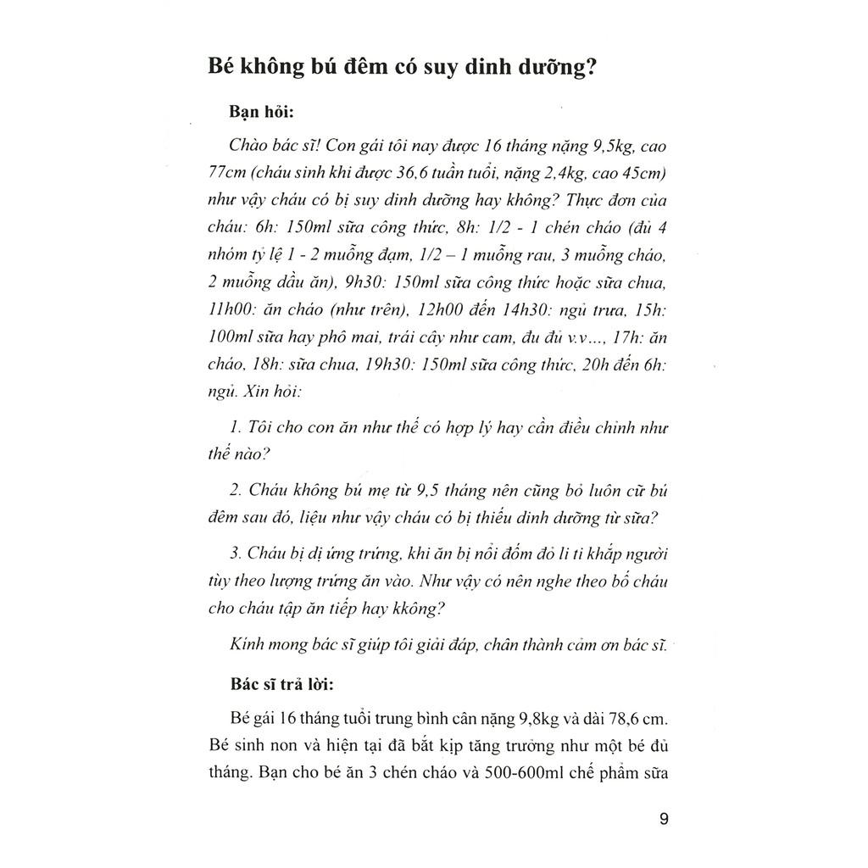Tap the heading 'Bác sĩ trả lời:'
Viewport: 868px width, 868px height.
pos(283,685)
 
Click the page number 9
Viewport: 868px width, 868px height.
pos(663,820)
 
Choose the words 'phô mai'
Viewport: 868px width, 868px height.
pos(348,337)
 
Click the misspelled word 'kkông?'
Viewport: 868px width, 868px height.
pos(419,609)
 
